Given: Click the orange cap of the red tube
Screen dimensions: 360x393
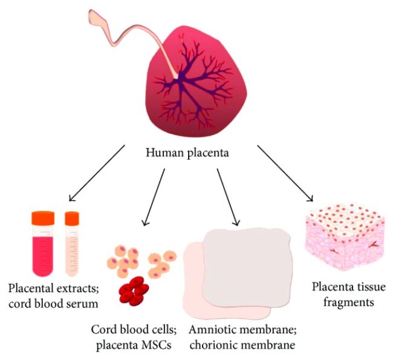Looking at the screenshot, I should [x=43, y=216].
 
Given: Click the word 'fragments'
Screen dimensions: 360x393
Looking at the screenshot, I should [x=343, y=301].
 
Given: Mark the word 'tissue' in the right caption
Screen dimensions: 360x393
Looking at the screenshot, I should [x=366, y=286].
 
